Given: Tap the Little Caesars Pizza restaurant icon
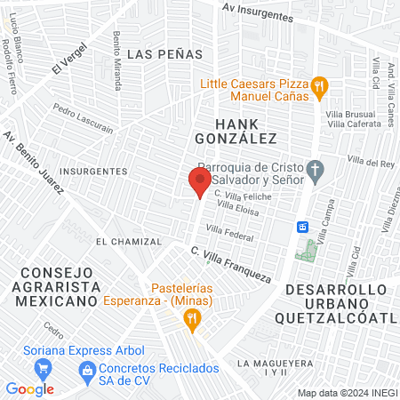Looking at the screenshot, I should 321,86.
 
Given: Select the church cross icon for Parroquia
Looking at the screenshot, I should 314,169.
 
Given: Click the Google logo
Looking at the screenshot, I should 30,388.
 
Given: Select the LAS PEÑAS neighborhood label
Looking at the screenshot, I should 164,54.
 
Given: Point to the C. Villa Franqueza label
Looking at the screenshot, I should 229,265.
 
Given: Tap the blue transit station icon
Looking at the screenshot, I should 302,227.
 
